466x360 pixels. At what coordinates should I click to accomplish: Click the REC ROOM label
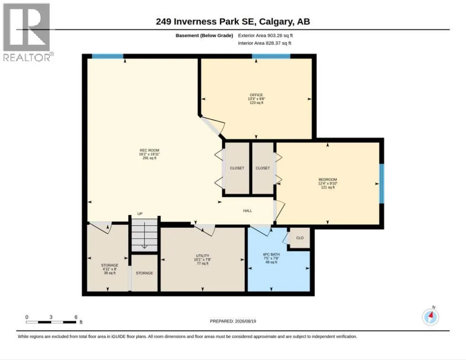point(150,150)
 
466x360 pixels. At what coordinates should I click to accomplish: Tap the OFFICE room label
point(256,95)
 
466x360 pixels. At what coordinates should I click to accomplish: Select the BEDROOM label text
point(327,180)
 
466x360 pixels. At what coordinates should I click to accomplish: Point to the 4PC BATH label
point(271,254)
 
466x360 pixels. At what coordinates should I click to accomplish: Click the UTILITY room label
point(202,255)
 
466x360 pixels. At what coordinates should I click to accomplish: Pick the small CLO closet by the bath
point(300,238)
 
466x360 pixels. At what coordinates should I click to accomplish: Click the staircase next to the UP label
point(144,235)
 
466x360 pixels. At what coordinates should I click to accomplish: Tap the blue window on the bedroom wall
point(382,183)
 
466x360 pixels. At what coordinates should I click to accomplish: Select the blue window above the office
point(271,56)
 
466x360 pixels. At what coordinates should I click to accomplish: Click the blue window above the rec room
point(108,56)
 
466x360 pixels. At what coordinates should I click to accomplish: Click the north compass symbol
point(430,317)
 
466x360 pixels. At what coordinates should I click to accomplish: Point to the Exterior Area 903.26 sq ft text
point(266,35)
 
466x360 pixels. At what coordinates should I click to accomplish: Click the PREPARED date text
point(233,321)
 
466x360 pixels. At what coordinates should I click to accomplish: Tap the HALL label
point(248,211)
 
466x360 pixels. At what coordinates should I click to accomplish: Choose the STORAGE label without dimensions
point(144,273)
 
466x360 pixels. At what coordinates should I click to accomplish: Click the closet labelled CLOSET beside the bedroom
point(263,168)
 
